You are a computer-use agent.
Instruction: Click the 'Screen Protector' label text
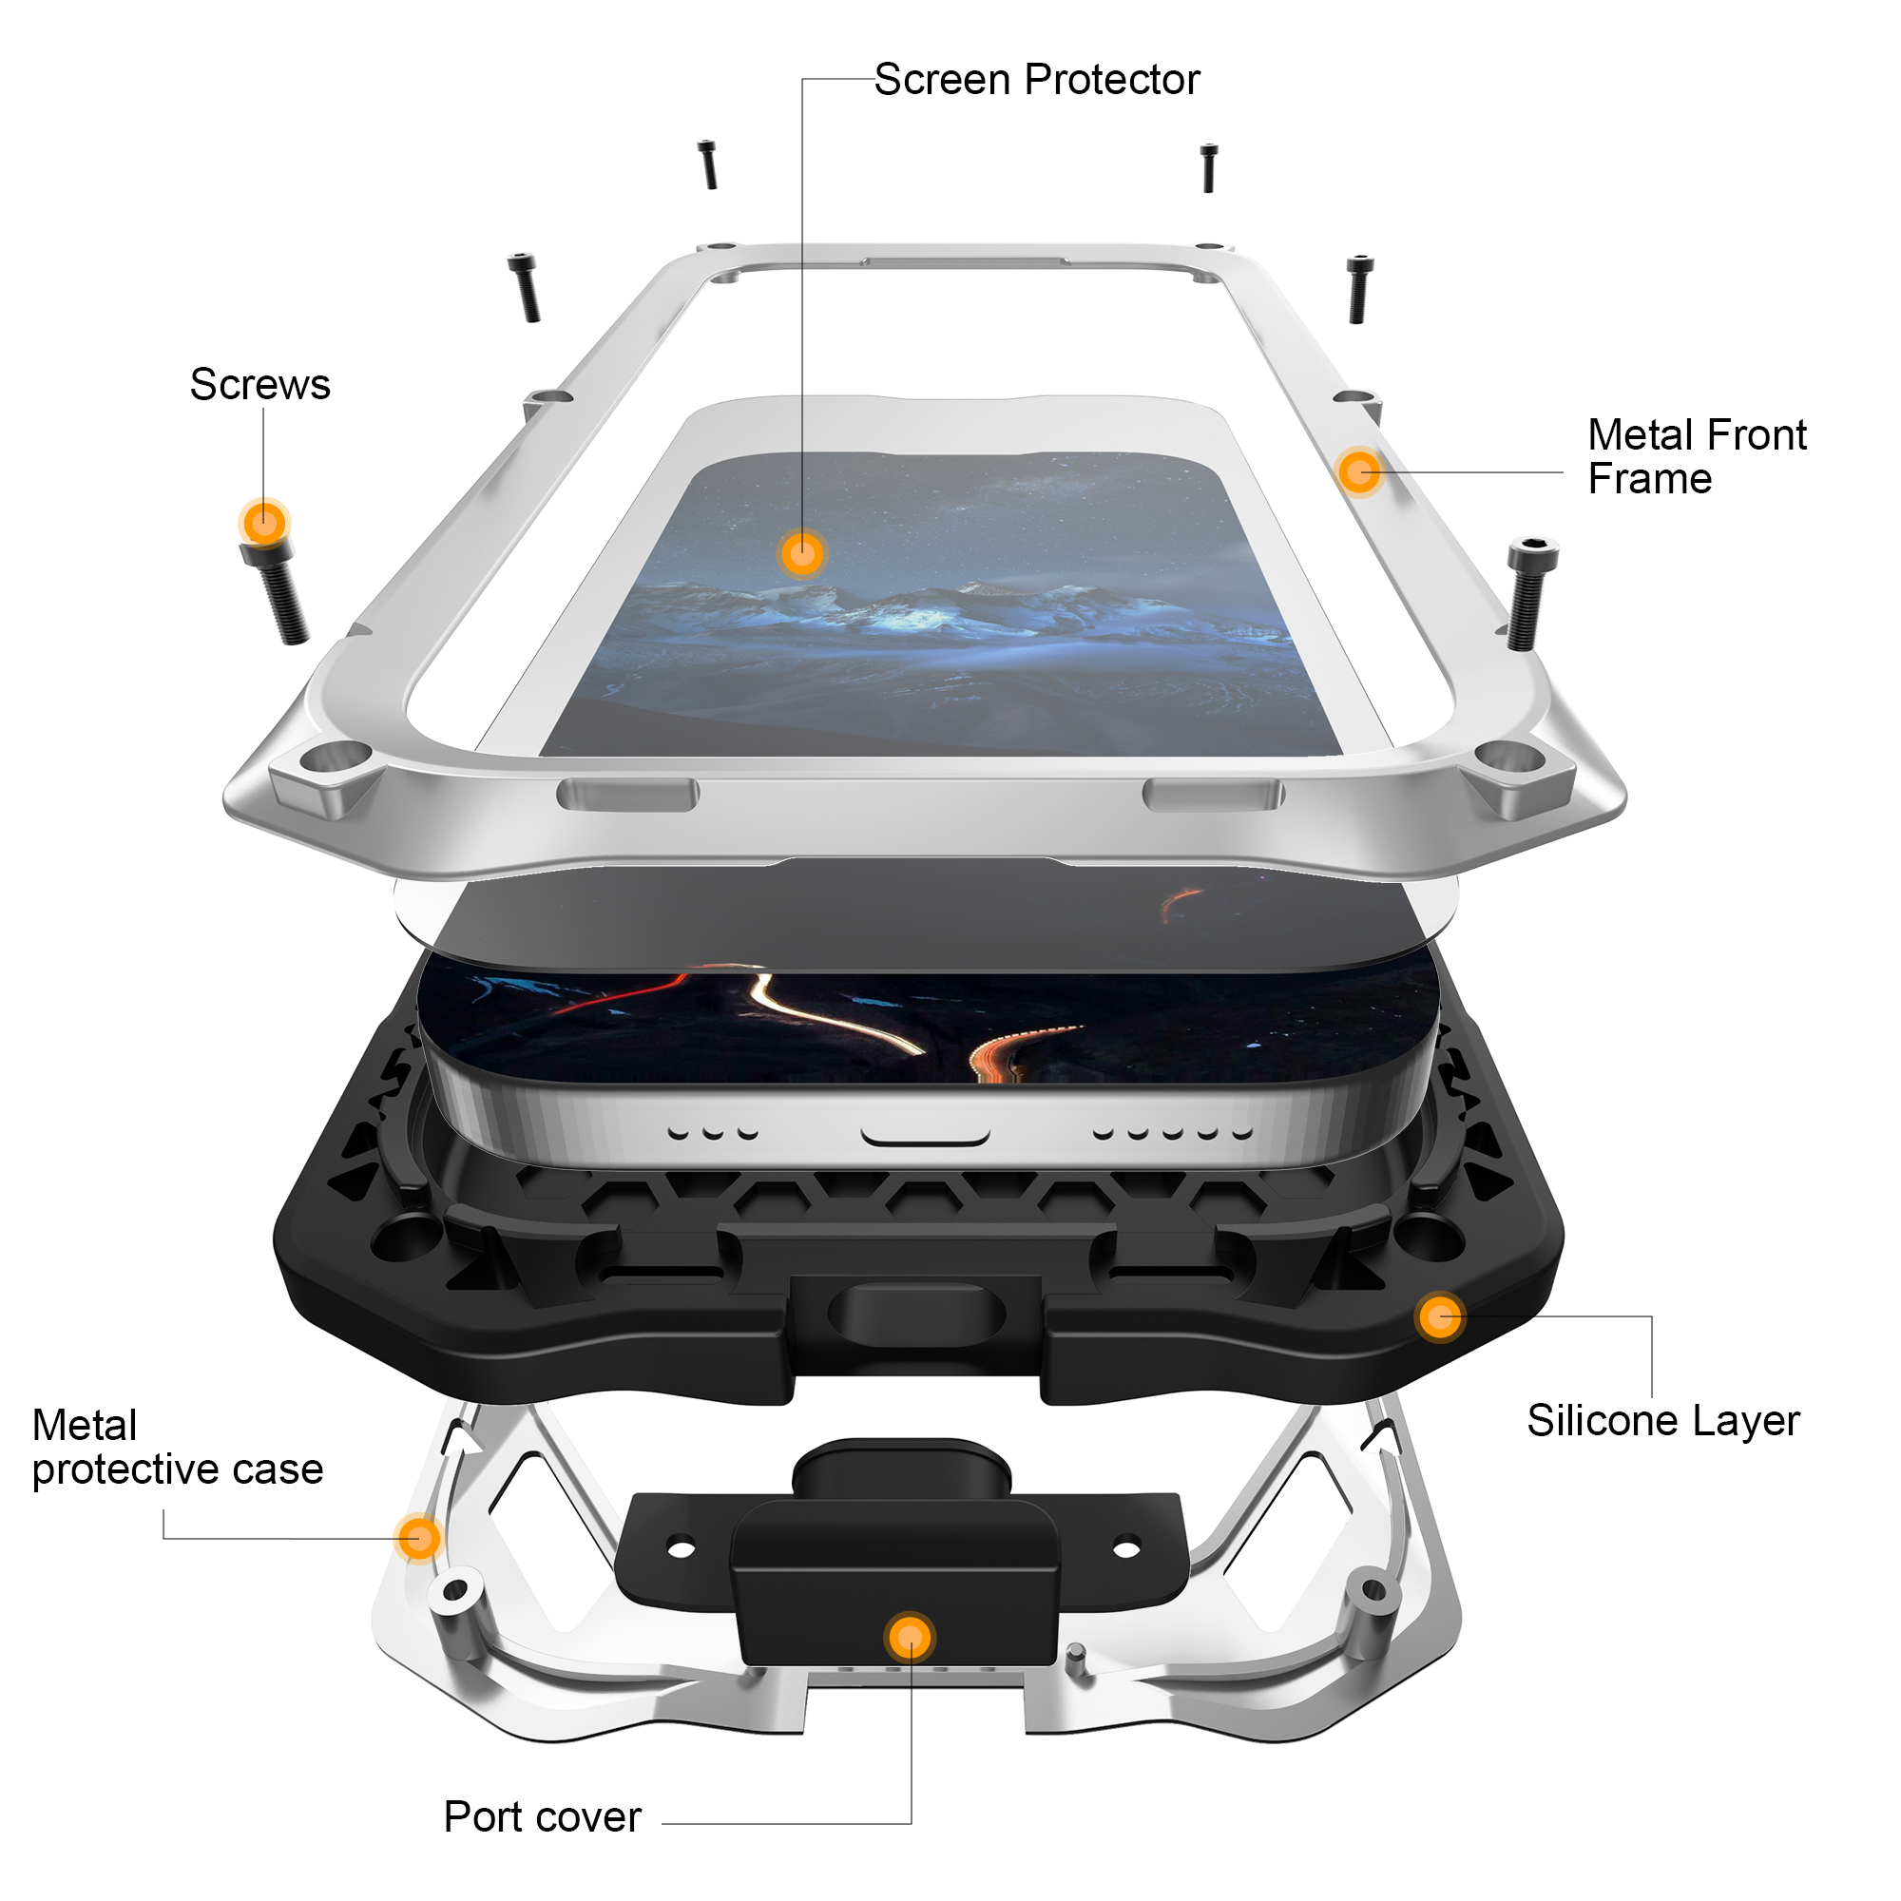coord(1037,80)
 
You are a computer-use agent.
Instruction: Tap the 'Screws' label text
coord(259,385)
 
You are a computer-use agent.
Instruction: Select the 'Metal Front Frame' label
coord(1697,456)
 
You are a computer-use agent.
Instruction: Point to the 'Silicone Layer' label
coord(1662,1421)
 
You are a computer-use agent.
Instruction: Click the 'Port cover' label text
coord(542,1816)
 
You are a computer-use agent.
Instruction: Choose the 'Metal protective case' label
coord(178,1448)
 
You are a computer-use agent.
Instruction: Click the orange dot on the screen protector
coord(802,553)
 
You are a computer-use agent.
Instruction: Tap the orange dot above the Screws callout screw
coord(263,523)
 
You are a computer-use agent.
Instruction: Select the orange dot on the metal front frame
coord(1359,472)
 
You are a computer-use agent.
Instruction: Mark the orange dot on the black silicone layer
coord(1439,1316)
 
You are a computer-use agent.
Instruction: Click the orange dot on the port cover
coord(911,1638)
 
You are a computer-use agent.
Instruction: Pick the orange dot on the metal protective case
coord(419,1537)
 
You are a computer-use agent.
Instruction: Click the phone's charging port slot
coord(925,1139)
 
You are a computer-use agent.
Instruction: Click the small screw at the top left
coord(707,164)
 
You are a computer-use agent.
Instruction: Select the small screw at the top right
coord(1209,168)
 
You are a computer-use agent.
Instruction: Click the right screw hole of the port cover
coord(1126,1547)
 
